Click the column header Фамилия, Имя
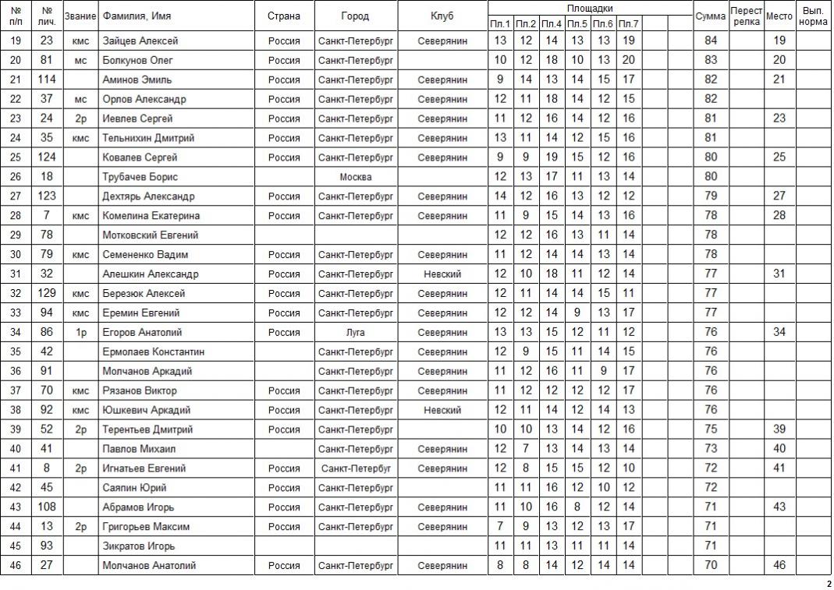137,16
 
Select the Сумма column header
710,16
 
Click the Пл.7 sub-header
628,24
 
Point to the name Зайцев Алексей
140,41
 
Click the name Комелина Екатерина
151,216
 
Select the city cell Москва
355,177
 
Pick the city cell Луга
355,333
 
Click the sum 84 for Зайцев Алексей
710,41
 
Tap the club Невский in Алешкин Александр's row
442,274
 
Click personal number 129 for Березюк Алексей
46,294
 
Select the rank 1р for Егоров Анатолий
80,333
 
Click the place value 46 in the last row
779,566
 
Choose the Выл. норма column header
814,16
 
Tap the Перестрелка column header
746,16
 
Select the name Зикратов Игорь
139,546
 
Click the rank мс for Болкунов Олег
80,60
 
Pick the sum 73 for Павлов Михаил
710,449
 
